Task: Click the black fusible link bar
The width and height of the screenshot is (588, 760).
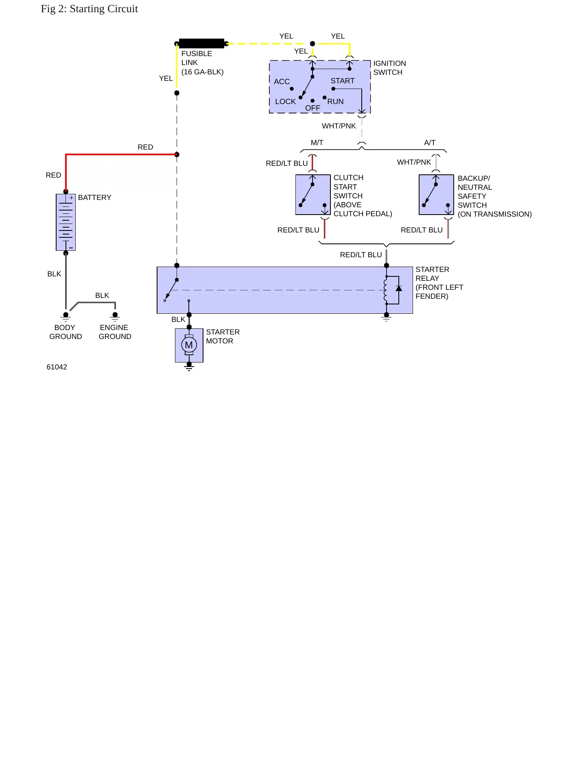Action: pos(201,43)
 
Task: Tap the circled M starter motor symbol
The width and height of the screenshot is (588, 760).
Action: pos(189,345)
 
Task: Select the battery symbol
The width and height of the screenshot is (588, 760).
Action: pos(66,222)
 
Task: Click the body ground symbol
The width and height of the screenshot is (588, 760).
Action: pos(66,317)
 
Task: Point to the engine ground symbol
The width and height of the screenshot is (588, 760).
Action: pos(115,317)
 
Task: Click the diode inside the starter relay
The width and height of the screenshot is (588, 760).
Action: pos(399,289)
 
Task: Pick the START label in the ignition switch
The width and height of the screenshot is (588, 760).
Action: pos(343,81)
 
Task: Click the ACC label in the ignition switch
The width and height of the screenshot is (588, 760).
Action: pos(282,82)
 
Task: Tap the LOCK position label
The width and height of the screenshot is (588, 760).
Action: pos(285,102)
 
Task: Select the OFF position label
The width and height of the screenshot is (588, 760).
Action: pos(313,108)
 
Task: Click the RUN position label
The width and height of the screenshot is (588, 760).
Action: pos(335,102)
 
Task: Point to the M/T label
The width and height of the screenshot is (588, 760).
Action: pos(317,143)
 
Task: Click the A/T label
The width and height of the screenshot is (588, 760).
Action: pos(430,143)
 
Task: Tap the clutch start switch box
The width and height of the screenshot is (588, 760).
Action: pos(313,195)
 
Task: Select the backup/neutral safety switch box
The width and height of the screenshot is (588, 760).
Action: pos(436,195)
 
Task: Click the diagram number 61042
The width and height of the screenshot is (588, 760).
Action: pos(57,367)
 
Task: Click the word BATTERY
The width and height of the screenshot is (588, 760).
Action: pos(94,198)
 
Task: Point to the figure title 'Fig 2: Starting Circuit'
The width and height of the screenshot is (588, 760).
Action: pos(90,9)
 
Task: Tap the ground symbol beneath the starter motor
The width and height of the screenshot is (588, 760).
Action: pos(189,367)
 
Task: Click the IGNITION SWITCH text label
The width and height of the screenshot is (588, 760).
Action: pos(389,68)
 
